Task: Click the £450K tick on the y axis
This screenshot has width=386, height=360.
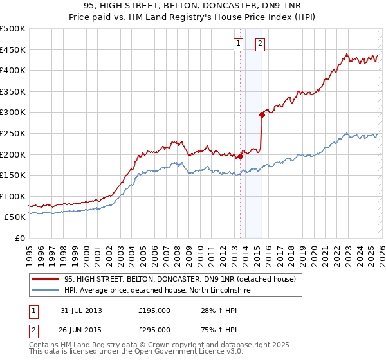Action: pos(13,50)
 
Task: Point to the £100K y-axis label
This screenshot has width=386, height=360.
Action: pos(13,197)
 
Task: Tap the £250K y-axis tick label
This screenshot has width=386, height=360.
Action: pos(13,134)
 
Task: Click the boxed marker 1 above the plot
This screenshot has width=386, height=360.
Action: pos(239,44)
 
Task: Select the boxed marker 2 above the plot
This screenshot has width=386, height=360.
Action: pos(260,44)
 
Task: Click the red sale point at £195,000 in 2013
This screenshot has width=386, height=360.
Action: pos(240,156)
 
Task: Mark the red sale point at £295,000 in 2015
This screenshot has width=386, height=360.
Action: pos(262,114)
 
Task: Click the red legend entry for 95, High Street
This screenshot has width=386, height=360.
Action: pos(179,279)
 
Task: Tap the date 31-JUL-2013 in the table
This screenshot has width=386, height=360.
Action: pos(81,310)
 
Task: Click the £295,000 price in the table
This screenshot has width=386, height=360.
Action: pos(154,330)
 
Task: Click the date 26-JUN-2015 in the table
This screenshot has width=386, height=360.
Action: pos(81,330)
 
